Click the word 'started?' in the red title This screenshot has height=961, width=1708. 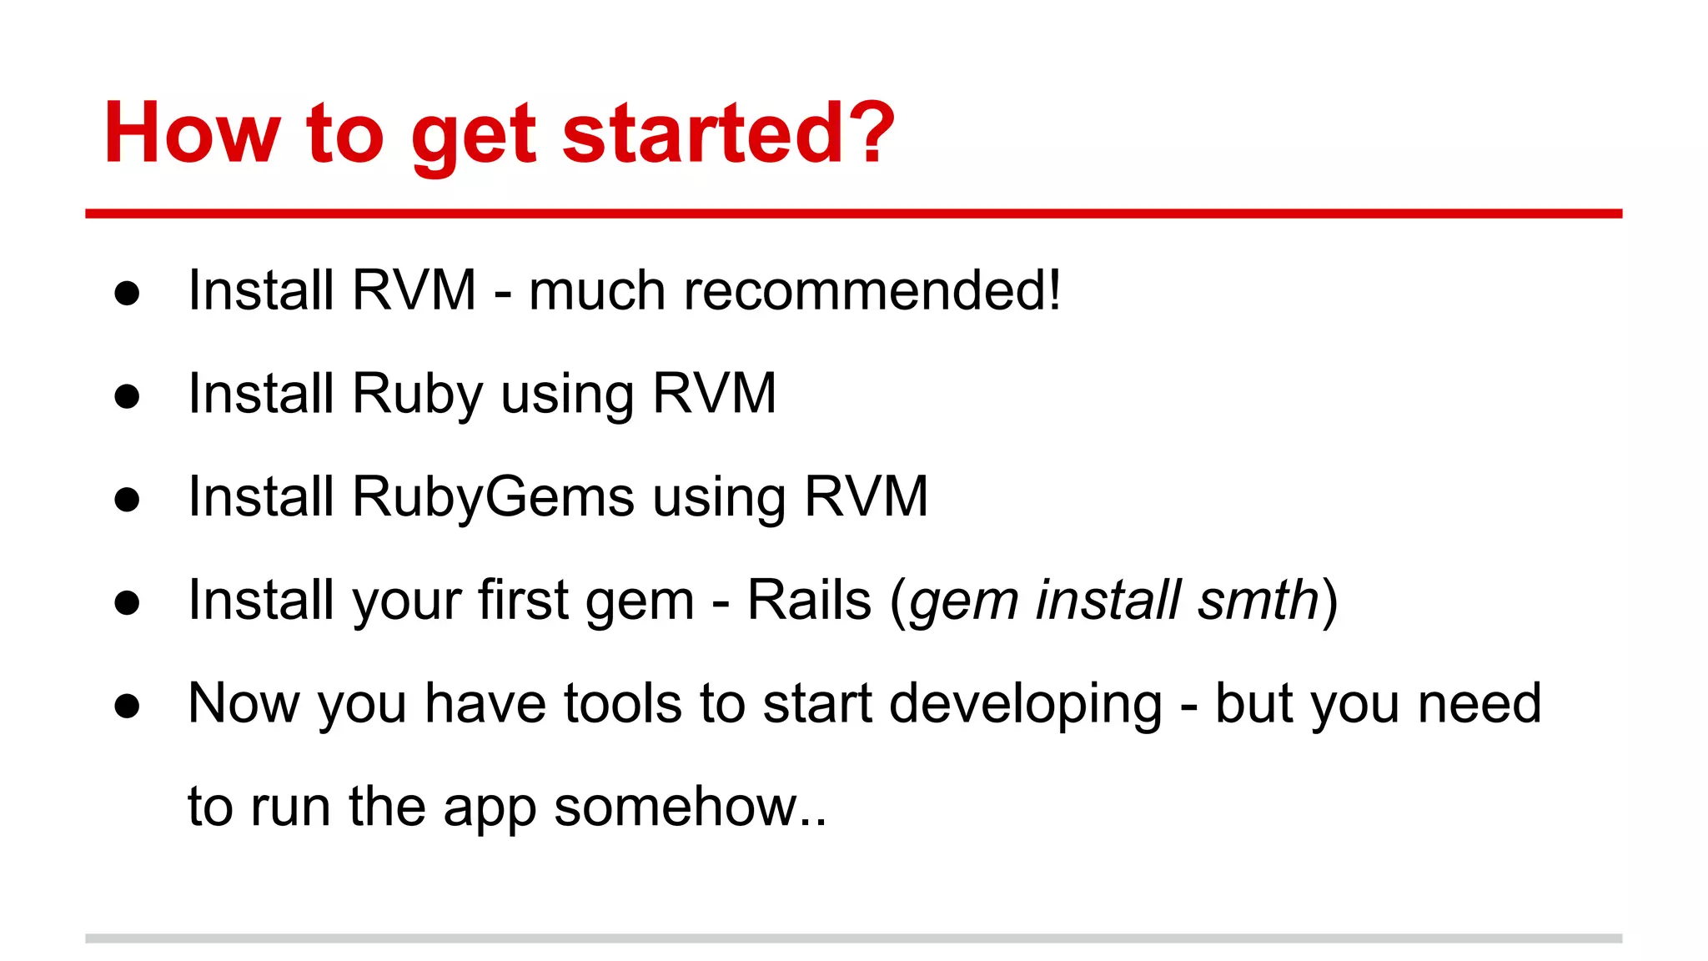click(x=728, y=133)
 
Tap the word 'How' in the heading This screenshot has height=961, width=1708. click(x=192, y=133)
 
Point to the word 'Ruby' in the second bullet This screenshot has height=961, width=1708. click(x=417, y=394)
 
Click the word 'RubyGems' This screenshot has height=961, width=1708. click(x=493, y=497)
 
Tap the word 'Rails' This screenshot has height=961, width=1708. click(x=809, y=600)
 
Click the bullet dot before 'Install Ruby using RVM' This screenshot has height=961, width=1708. click(x=127, y=396)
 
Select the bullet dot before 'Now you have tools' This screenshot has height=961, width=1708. click(x=127, y=706)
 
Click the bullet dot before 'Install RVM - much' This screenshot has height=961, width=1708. click(x=127, y=293)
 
